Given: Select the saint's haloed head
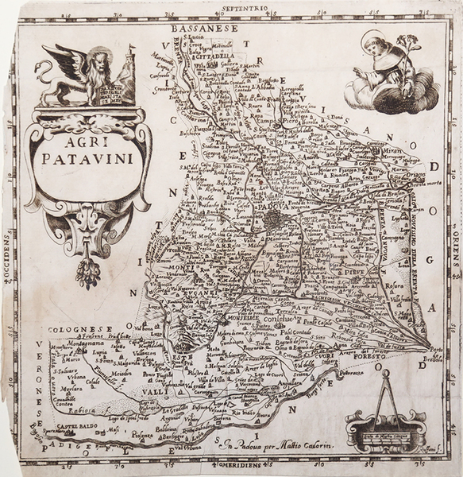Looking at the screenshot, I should pos(372,42).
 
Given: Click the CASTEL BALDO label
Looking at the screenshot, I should pos(59,428).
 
